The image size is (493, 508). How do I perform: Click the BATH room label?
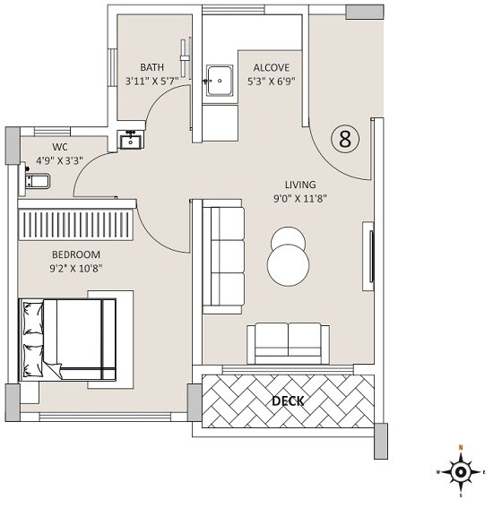click(151, 67)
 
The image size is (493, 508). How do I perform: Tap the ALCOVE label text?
click(270, 67)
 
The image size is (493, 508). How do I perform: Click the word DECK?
click(287, 400)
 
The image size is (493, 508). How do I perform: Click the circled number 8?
click(345, 139)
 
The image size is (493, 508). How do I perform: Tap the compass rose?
click(461, 470)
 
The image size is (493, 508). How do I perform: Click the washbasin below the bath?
click(130, 141)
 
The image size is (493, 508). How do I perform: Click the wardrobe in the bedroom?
click(77, 220)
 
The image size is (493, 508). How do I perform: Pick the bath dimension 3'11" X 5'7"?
click(151, 82)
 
